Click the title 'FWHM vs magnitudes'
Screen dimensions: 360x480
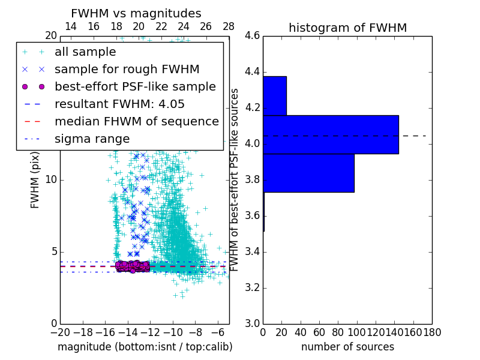click(136, 13)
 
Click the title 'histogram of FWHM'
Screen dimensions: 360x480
click(347, 28)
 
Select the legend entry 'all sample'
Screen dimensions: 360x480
click(85, 52)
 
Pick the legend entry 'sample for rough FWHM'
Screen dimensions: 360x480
click(127, 70)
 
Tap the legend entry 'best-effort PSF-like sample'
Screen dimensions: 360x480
click(135, 87)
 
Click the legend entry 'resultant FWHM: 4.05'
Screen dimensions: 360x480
click(119, 104)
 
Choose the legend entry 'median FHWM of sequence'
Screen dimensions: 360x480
click(136, 122)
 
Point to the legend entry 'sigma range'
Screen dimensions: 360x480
click(92, 139)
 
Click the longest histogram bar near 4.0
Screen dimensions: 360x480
click(331, 134)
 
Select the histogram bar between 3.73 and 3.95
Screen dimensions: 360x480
click(308, 173)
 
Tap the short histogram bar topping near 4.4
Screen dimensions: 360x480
click(274, 95)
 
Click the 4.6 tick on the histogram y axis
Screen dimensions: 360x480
click(252, 36)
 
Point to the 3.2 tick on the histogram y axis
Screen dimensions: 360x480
click(252, 287)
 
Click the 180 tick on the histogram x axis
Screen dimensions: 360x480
click(432, 332)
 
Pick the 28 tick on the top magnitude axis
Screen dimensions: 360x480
click(229, 26)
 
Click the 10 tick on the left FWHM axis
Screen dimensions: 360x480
click(51, 180)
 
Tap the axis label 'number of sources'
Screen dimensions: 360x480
click(347, 347)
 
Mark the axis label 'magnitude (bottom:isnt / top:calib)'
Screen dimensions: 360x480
click(145, 347)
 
